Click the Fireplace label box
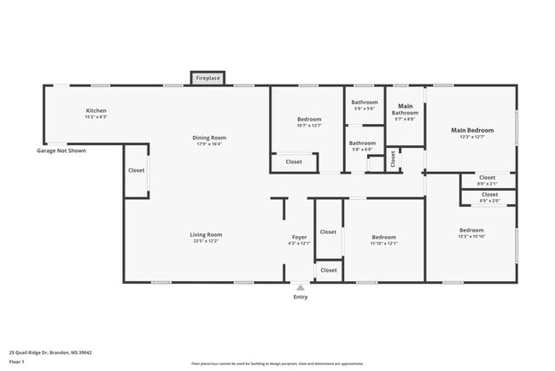pos(208,78)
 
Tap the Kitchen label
pos(96,111)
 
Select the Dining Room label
pos(208,138)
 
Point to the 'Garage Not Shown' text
pos(61,150)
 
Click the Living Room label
pos(206,234)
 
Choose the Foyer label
pos(299,237)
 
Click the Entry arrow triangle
pos(300,288)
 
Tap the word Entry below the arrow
pos(301,297)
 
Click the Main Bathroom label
pos(405,109)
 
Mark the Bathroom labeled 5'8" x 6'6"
pos(362,150)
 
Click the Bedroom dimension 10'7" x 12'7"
pos(309,126)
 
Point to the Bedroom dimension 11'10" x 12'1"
pos(383,244)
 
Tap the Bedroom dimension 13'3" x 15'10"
pos(471,237)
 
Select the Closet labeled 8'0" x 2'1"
pos(487,184)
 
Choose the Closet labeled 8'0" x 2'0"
pos(487,200)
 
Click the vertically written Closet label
pos(393,159)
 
